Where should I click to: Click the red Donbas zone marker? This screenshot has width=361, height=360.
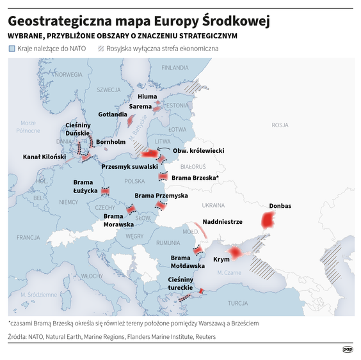(268, 221)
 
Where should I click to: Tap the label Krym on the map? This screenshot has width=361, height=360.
(221, 260)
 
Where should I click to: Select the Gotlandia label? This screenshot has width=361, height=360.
(113, 114)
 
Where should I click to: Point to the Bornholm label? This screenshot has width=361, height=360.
(110, 141)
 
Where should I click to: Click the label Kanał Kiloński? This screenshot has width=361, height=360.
(44, 156)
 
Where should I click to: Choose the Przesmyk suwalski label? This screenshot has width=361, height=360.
(130, 166)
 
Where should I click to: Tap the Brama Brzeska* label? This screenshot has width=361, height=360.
(196, 177)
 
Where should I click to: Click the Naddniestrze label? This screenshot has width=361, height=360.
(222, 221)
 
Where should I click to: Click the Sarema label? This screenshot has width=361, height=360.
(140, 106)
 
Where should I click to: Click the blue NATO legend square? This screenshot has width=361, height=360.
(12, 49)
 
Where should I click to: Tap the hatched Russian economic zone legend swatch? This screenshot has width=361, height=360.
(101, 49)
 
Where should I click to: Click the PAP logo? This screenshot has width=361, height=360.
(348, 349)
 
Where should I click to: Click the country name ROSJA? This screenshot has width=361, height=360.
(280, 125)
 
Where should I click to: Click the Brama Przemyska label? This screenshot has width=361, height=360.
(161, 195)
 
